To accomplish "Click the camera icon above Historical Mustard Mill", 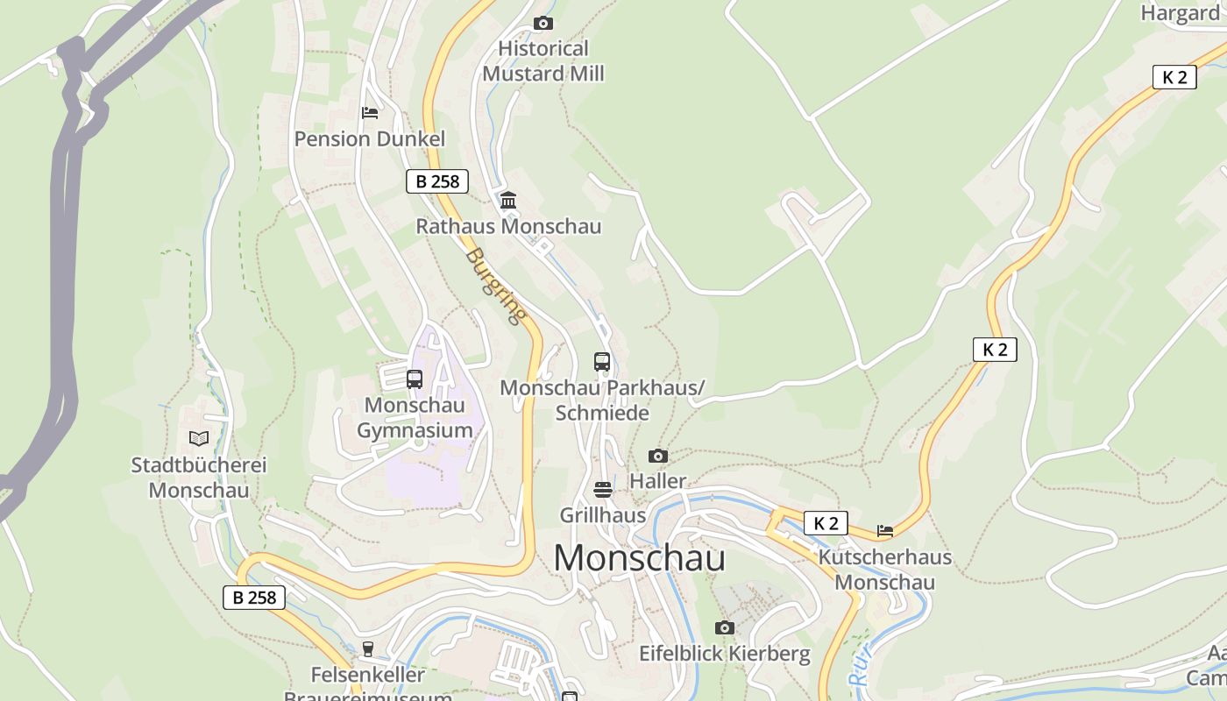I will pos(543,23).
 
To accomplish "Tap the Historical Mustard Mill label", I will pos(543,61).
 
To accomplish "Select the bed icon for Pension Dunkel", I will pos(370,112).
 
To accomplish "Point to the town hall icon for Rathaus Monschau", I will pos(508,201).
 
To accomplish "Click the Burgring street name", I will pos(496,286).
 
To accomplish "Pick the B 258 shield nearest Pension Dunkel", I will pos(437,181).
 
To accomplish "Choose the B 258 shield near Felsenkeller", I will pos(254,598).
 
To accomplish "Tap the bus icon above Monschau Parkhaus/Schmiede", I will pos(602,361).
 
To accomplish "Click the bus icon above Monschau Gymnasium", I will pos(415,379).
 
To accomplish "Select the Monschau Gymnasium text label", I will pos(415,418).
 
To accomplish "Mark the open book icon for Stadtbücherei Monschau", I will pos(199,438).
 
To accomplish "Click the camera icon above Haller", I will pos(658,456).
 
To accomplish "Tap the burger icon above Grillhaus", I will pos(603,489).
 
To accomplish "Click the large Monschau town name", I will pos(639,558).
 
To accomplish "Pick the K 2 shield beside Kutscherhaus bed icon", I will pos(826,523).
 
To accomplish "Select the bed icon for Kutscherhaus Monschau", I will pos(885,530).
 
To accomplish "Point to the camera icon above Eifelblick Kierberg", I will pos(724,627).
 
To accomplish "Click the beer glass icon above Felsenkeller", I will pos(368,649).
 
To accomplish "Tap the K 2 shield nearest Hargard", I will pos(1174,77).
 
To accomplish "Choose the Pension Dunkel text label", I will pos(370,138).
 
